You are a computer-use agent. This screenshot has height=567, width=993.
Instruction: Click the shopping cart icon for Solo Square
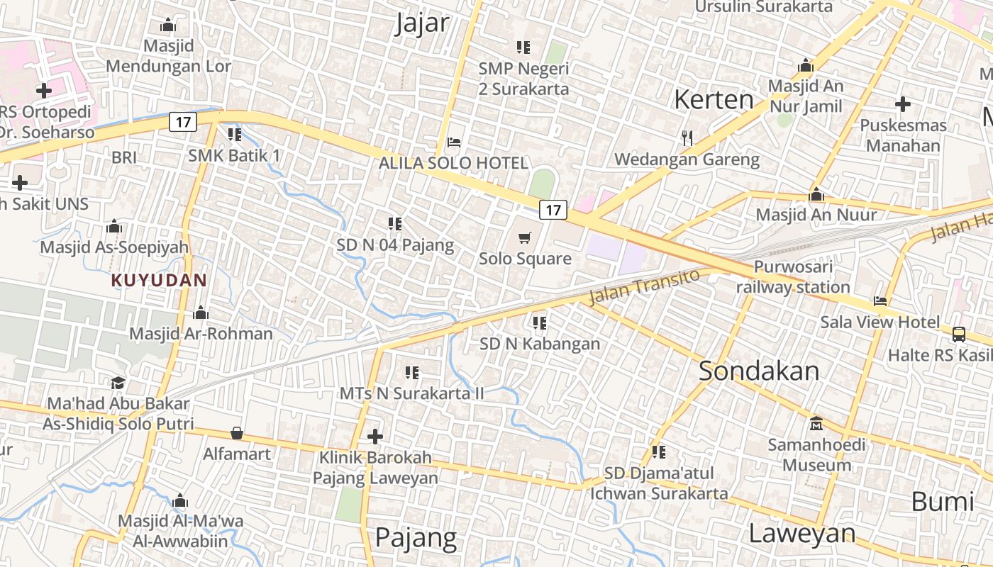(525, 237)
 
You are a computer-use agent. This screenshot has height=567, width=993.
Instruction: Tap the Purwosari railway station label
(793, 277)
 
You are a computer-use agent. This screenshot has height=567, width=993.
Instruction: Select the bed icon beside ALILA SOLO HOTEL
(454, 142)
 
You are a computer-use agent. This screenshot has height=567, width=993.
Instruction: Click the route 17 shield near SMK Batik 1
(183, 122)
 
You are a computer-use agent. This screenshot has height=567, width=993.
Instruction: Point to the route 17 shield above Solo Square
(553, 209)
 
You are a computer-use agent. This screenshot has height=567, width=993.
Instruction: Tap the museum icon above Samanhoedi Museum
(816, 423)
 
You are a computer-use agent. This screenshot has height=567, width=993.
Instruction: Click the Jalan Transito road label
(644, 286)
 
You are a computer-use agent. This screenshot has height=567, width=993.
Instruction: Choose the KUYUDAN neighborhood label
(159, 280)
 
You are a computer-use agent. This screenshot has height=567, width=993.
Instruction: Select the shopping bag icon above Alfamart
(237, 433)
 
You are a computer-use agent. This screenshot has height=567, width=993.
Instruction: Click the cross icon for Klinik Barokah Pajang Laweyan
(375, 437)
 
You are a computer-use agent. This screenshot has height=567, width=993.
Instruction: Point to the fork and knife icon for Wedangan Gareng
(687, 137)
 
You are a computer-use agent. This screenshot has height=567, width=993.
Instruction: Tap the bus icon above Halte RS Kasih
(959, 334)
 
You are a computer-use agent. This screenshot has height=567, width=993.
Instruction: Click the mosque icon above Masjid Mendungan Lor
(168, 26)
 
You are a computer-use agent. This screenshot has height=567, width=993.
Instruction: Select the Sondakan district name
(759, 371)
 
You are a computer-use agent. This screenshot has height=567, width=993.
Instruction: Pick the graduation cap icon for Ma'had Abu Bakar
(118, 383)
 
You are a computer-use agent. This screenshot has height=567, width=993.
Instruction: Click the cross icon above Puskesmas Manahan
(902, 104)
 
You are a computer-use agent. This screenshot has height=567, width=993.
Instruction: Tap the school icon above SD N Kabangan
(540, 323)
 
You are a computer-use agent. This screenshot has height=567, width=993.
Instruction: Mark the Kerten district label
(714, 99)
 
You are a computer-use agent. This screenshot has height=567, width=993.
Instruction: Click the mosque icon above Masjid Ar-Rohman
(201, 313)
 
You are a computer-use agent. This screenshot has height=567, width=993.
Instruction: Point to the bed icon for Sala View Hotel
(880, 301)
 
